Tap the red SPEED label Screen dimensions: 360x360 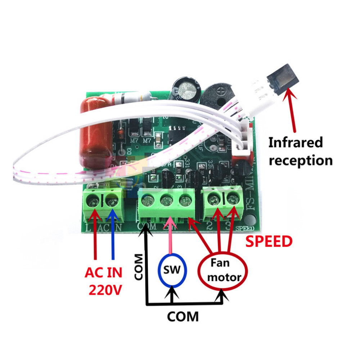coord(269,242)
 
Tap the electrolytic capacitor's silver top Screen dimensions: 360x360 coord(186,90)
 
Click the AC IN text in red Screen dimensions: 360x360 coord(103,273)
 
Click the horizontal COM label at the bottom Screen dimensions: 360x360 coord(183,317)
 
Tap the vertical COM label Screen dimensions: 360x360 coord(139,267)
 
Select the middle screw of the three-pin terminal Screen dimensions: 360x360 coord(166,200)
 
